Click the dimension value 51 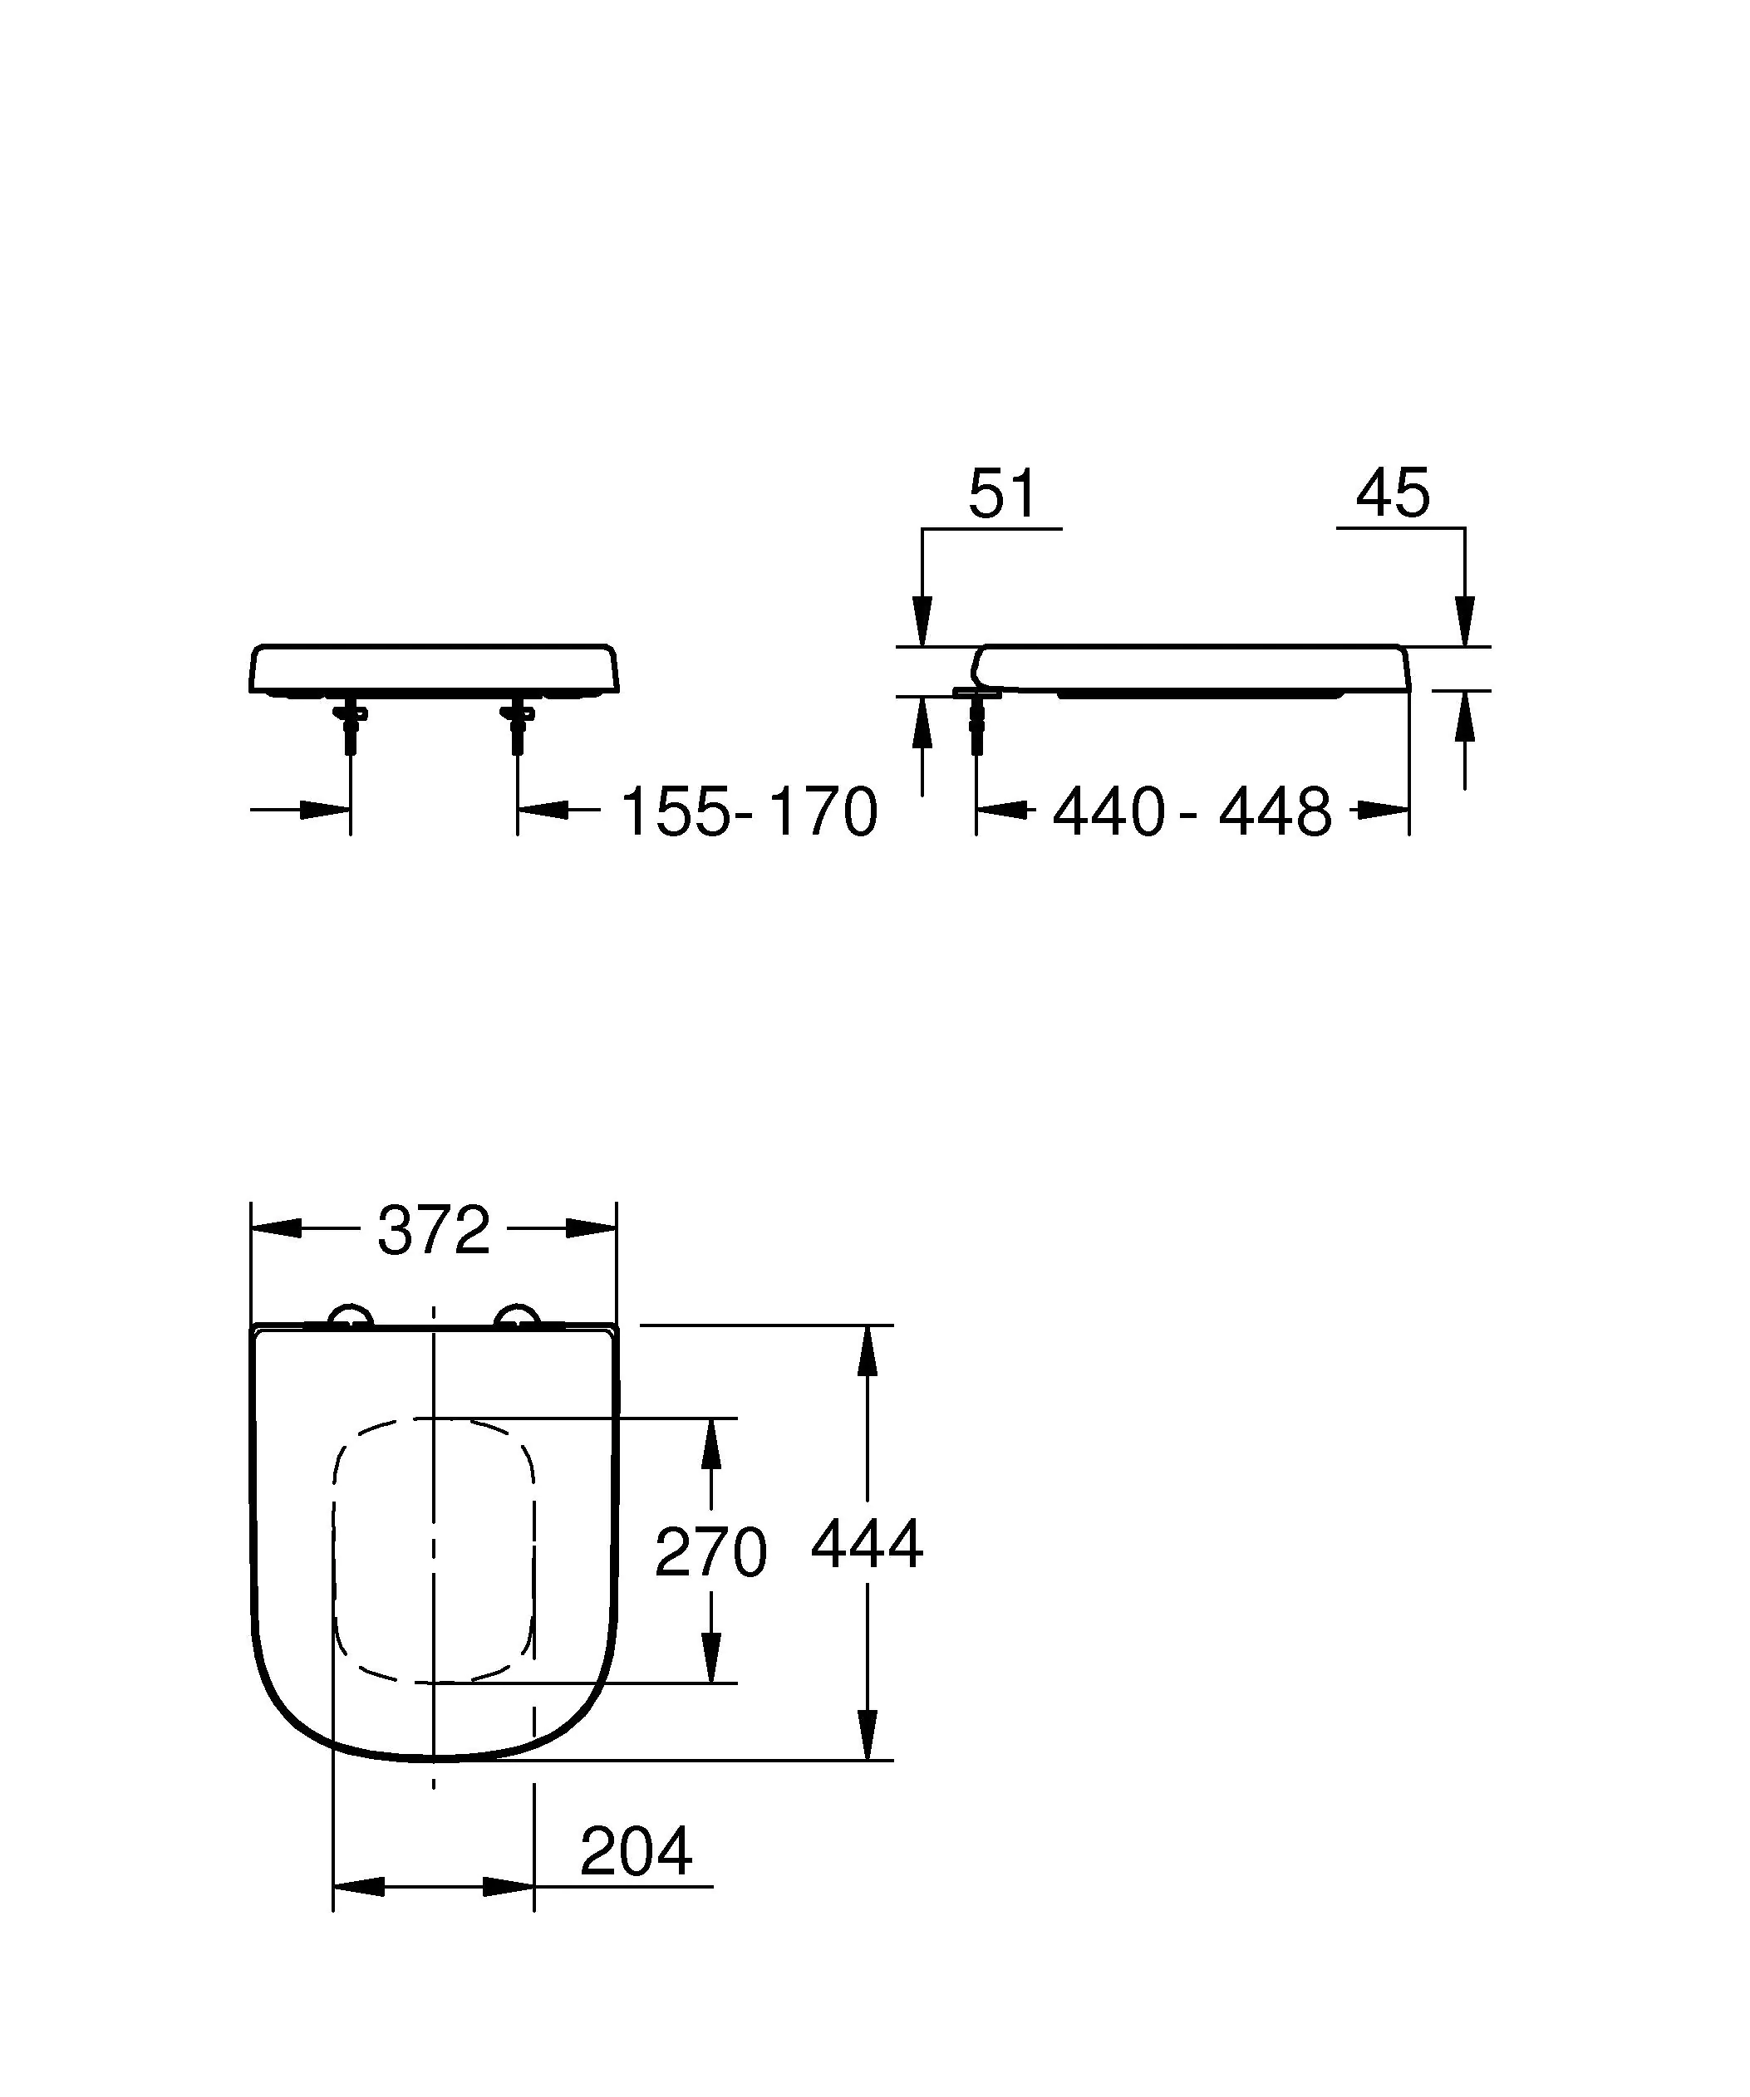click(x=1003, y=493)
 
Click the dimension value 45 click(x=1394, y=493)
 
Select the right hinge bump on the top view click(x=519, y=1317)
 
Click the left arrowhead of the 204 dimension click(x=359, y=1886)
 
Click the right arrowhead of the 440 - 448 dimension click(x=1384, y=810)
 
